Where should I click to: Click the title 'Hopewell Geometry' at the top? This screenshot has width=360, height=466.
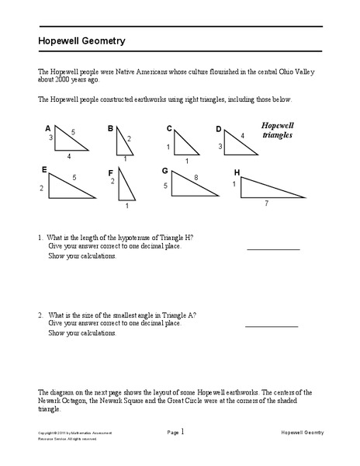83,40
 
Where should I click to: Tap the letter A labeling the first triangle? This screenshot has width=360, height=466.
48,128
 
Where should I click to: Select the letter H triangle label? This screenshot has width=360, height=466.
237,171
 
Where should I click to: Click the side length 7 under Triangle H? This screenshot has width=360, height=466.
266,203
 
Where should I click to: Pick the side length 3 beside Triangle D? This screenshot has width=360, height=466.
220,146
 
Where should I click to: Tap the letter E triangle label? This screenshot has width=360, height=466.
44,169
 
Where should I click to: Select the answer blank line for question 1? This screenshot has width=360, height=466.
272,249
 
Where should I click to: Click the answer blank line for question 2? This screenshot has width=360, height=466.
272,326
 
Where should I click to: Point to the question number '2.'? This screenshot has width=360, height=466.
40,315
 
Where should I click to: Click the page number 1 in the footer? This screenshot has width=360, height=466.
182,431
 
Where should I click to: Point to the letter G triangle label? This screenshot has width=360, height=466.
164,170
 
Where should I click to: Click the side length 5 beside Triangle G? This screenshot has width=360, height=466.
164,186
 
